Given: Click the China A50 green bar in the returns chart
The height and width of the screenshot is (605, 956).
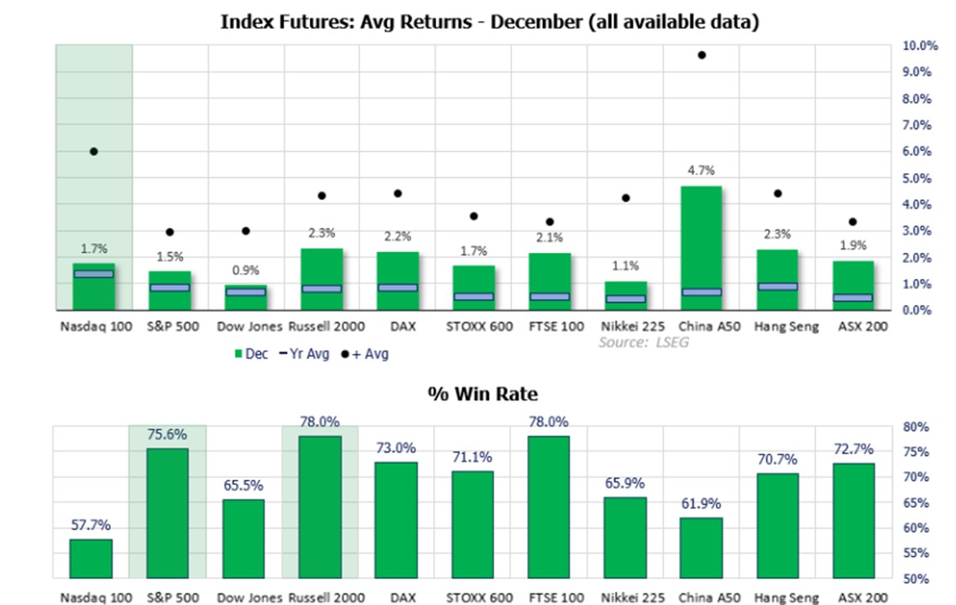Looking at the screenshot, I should click(x=701, y=244).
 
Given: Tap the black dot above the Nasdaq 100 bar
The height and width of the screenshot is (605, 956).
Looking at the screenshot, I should click(x=94, y=151).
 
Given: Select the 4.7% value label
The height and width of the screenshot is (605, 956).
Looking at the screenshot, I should click(x=701, y=171).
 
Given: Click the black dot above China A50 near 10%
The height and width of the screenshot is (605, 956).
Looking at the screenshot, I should click(x=702, y=55).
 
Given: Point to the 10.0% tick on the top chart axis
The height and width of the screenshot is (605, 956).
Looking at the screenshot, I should click(x=920, y=45).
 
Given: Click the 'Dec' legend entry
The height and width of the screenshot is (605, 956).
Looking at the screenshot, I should click(x=251, y=354).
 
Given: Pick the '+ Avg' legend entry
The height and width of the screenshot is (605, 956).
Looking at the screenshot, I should click(x=364, y=354).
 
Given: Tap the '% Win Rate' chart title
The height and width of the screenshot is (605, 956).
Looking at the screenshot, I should click(x=482, y=393).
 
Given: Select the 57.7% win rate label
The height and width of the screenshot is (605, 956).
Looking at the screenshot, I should click(x=91, y=525).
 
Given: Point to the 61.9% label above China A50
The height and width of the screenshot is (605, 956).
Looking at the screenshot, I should click(x=701, y=503).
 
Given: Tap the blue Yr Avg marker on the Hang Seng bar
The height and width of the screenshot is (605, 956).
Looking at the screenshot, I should click(x=776, y=287).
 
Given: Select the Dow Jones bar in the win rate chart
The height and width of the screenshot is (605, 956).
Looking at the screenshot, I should click(x=243, y=539).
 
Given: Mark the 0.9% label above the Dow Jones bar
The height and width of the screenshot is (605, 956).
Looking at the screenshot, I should click(x=245, y=271).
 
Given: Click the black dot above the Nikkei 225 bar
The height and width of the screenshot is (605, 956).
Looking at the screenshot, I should click(x=625, y=198).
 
